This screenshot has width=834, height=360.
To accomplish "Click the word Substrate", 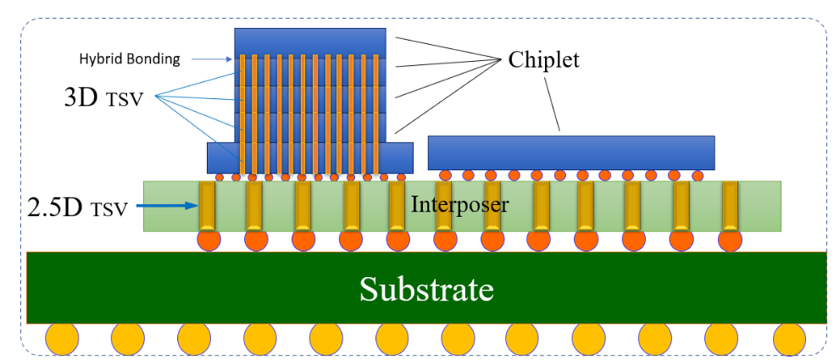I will pos(425,289).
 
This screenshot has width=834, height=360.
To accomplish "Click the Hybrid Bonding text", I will pos(125,59).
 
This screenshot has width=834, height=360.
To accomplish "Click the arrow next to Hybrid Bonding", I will pos(211,59).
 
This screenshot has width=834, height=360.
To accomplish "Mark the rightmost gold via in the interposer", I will pos(728,206).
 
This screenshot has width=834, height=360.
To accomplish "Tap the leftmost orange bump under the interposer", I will pos(209,240).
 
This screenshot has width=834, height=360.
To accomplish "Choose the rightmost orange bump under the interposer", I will pos(729,240).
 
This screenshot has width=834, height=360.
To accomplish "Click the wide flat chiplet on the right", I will pos(570,152).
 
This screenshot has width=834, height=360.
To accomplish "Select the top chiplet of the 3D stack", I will pos(310,42).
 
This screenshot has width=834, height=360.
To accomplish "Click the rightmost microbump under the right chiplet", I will pos(697,175).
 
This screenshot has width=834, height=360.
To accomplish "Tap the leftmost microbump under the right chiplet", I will pos(444,175).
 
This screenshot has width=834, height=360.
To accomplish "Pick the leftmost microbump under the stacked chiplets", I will pos(220,178).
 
